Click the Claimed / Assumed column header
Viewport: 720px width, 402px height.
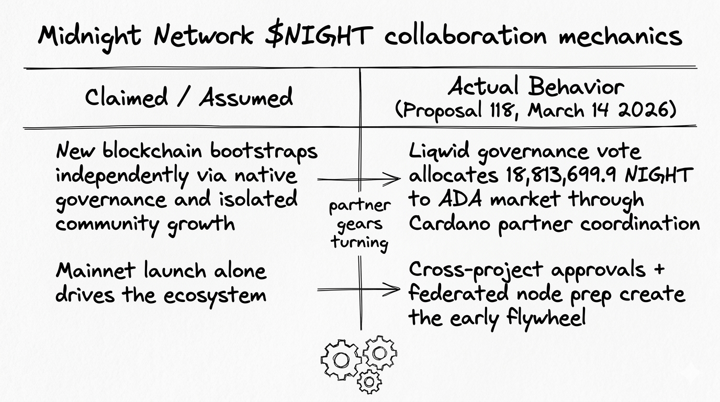click(x=189, y=98)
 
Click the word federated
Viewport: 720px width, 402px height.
click(x=458, y=294)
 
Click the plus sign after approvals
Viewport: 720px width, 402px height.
click(x=658, y=270)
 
